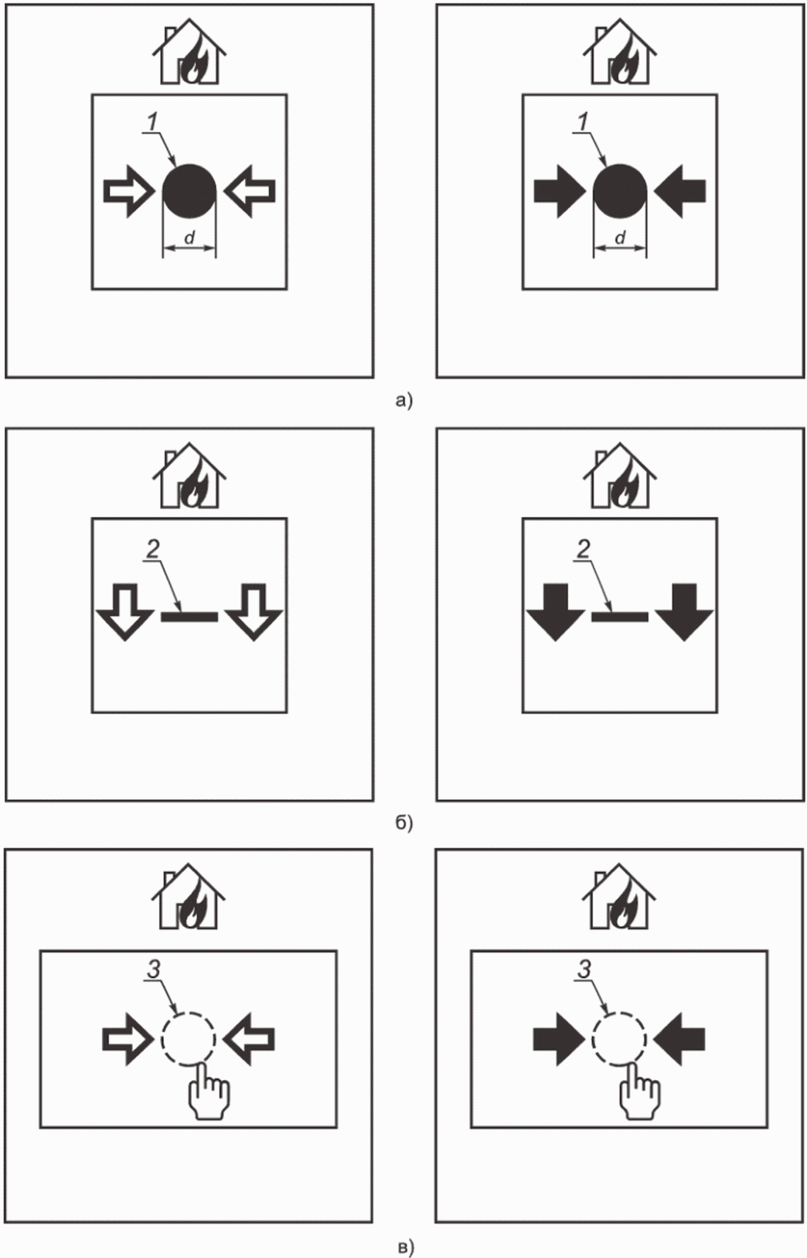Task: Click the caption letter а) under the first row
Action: click(404, 401)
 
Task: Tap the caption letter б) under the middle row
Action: click(404, 822)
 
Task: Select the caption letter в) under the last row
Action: click(404, 1246)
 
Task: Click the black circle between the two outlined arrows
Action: click(189, 191)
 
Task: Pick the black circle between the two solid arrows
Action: click(619, 191)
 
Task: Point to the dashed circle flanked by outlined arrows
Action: click(188, 1039)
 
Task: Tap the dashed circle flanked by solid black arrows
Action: click(618, 1039)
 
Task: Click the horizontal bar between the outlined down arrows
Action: click(189, 616)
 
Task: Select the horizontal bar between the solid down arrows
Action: click(619, 616)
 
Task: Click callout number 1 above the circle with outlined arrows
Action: click(152, 122)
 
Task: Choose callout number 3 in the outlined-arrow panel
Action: click(153, 969)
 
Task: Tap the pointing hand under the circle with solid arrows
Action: click(638, 1092)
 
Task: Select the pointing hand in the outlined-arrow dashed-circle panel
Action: click(208, 1092)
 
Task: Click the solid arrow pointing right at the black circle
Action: click(559, 191)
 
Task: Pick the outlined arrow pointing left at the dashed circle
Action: click(250, 1039)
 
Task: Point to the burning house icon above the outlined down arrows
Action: click(189, 475)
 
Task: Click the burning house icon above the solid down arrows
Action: click(619, 475)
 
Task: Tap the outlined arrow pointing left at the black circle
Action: click(250, 191)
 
